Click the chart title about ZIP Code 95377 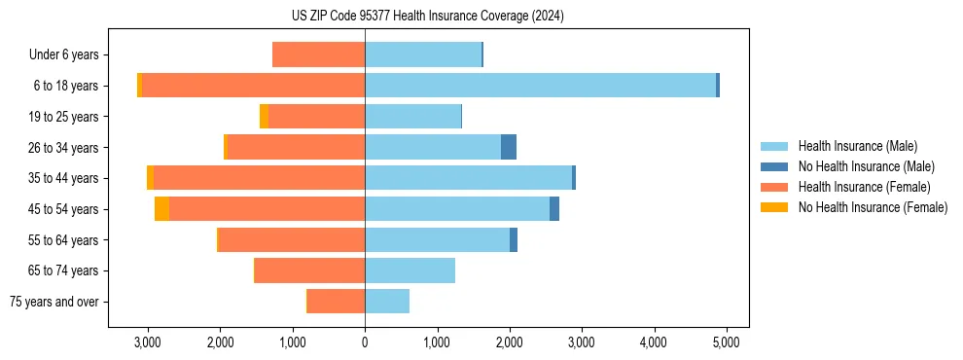click(x=427, y=17)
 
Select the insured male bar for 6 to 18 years click(x=540, y=86)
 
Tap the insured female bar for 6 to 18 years click(x=253, y=86)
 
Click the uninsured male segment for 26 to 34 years click(x=509, y=147)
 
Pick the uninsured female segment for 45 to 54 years click(x=161, y=208)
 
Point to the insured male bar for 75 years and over click(x=387, y=302)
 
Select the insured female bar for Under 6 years click(x=318, y=54)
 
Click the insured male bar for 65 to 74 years click(x=410, y=270)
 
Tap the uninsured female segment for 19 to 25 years click(x=264, y=117)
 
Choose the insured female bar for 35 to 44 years click(x=259, y=178)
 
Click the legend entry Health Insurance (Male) click(x=857, y=146)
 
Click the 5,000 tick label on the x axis click(x=726, y=342)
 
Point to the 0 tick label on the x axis click(x=365, y=342)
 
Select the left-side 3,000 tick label click(x=148, y=342)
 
